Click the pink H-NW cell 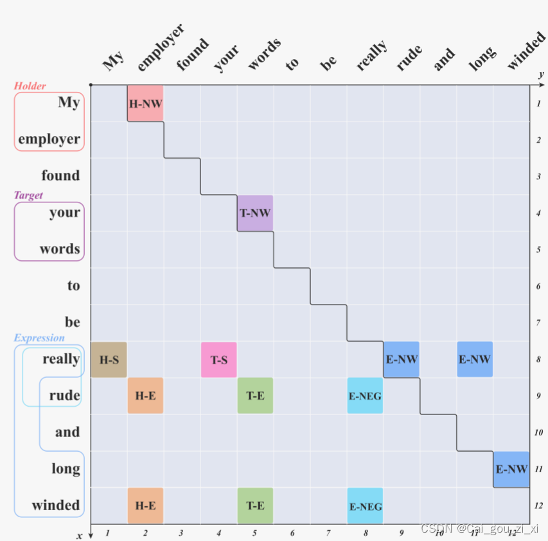pos(145,103)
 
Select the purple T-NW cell pos(255,213)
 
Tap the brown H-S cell pos(109,360)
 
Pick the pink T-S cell pos(219,360)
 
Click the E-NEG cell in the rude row pos(365,396)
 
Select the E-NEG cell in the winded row pos(365,506)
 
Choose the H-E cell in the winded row pos(145,505)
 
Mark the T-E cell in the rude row pos(255,396)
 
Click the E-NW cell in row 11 pos(511,469)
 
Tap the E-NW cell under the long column pos(475,360)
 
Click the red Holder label pos(30,86)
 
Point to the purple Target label pos(28,195)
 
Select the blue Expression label pos(39,338)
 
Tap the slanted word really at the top pos(372,55)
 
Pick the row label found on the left pos(60,175)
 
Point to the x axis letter pos(80,535)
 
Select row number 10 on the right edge pos(538,432)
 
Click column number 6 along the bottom pos(292,533)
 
